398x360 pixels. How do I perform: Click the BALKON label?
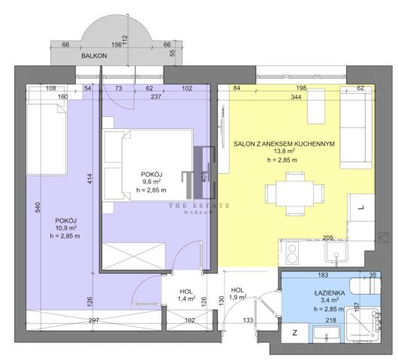click(x=94, y=55)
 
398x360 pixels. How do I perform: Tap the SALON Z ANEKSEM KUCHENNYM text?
click(x=284, y=144)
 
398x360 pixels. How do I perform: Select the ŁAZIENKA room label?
click(x=330, y=292)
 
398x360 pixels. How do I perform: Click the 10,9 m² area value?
click(x=66, y=228)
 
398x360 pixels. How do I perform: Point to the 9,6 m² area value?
click(x=151, y=181)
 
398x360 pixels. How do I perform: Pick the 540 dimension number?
click(x=38, y=207)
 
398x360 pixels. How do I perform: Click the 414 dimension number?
click(x=89, y=178)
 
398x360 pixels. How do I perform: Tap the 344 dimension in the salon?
click(x=296, y=97)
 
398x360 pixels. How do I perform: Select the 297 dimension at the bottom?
click(x=94, y=320)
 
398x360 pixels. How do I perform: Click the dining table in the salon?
click(x=294, y=193)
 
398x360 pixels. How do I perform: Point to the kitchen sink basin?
click(x=336, y=251)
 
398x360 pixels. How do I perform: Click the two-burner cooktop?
click(x=292, y=253)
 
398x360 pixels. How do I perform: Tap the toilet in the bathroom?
click(x=365, y=286)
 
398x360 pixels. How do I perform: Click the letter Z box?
click(x=294, y=333)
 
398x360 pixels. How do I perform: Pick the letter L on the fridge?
click(x=361, y=208)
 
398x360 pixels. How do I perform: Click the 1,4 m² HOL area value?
click(x=186, y=299)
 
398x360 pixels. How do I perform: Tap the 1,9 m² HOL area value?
click(x=237, y=297)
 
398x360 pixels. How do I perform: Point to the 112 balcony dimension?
click(x=125, y=40)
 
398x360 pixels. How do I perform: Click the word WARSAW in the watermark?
click(x=199, y=212)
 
